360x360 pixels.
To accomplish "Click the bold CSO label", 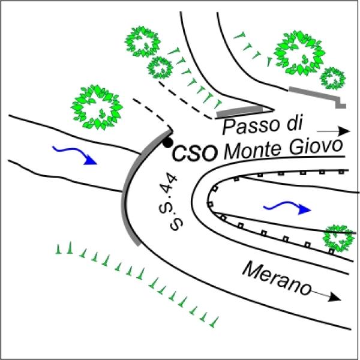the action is pyautogui.click(x=194, y=154).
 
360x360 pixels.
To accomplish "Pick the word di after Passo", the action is pyautogui.click(x=291, y=124).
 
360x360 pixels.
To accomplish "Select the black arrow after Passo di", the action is pyautogui.click(x=333, y=130).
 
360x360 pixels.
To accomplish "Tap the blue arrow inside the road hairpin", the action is pyautogui.click(x=289, y=207).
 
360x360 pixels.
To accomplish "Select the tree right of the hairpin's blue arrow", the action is pyautogui.click(x=338, y=238).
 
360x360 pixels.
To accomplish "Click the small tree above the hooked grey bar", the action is pyautogui.click(x=332, y=77).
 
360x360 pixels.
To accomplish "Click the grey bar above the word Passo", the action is pyautogui.click(x=240, y=112).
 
